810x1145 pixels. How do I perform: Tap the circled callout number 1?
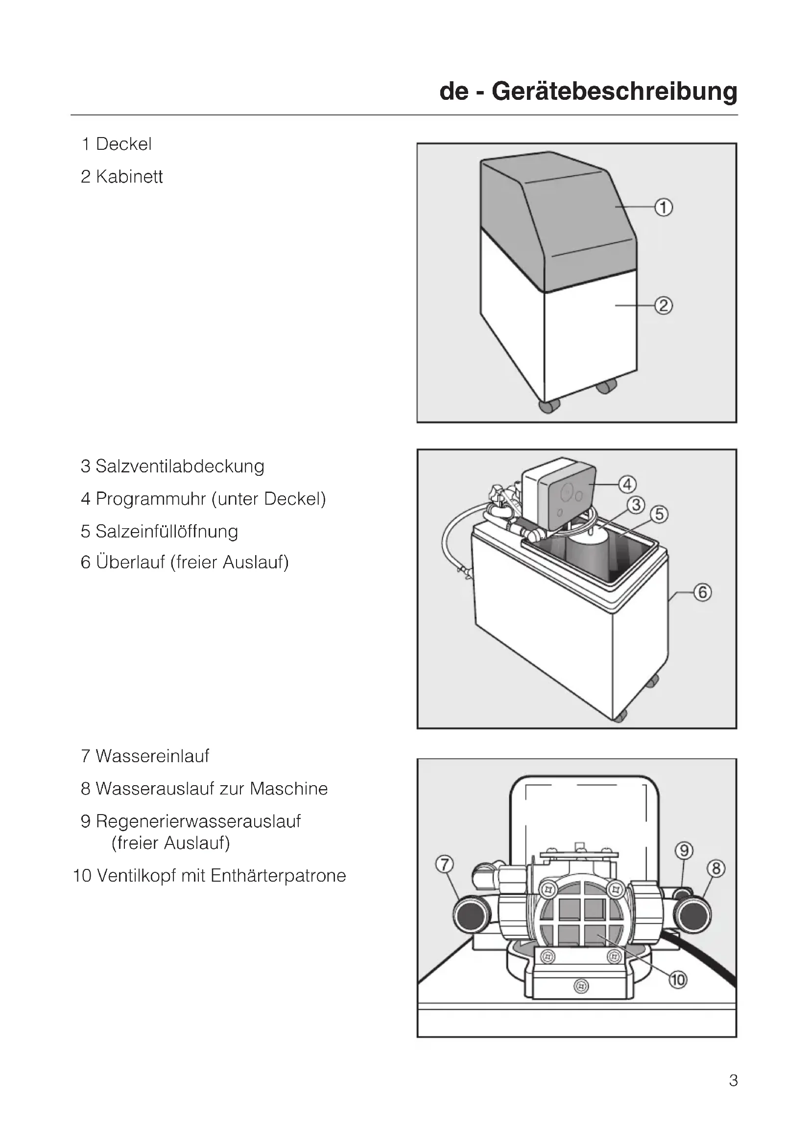664,207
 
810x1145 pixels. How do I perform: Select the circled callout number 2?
664,305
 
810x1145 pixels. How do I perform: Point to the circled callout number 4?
627,484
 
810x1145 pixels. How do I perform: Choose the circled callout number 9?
684,850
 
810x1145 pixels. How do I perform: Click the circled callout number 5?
659,514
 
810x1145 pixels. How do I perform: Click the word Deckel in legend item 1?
124,144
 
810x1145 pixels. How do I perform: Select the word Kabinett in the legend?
129,177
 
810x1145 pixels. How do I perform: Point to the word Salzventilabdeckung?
180,467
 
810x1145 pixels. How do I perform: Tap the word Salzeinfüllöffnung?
167,531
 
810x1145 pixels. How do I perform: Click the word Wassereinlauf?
152,756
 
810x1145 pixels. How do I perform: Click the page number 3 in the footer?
733,1080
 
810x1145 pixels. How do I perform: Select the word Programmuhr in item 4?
151,499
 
